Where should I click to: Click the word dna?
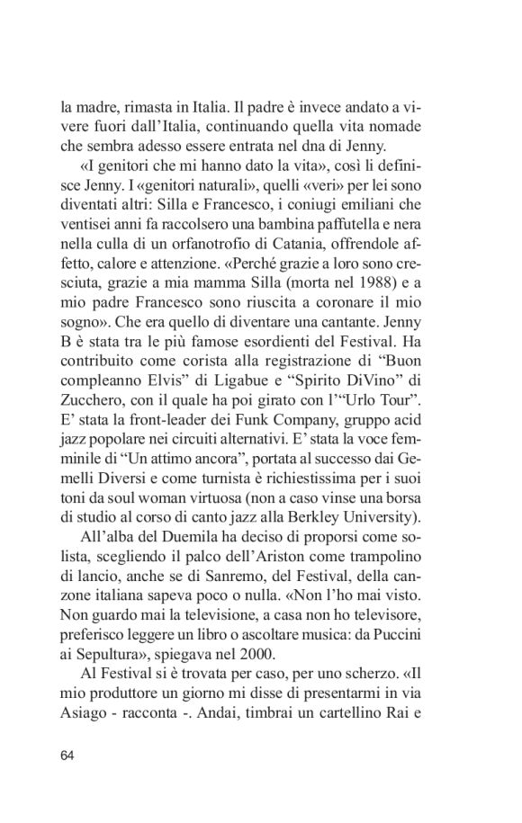(x=335, y=144)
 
